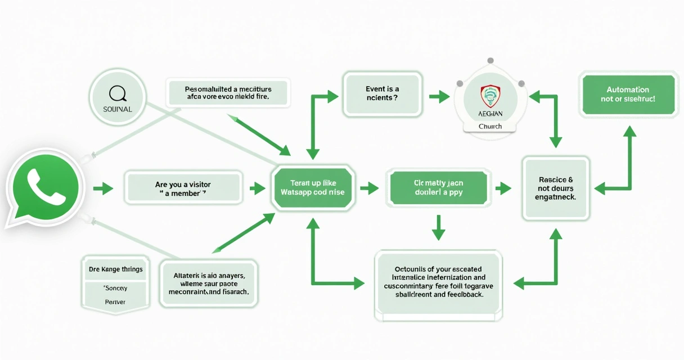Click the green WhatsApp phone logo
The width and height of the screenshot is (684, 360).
tap(45, 188)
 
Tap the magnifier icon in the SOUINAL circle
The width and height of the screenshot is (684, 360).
tap(117, 91)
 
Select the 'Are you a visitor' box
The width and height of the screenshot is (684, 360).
tap(183, 188)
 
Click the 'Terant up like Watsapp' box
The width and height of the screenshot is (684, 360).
tap(312, 188)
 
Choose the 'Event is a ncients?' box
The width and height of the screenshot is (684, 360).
tap(382, 93)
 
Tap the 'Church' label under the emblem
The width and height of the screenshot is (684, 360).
tap(489, 127)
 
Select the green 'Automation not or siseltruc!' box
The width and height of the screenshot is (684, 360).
tap(627, 94)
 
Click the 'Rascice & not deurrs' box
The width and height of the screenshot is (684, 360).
tap(556, 188)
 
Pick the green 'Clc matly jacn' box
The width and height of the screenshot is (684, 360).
tap(438, 188)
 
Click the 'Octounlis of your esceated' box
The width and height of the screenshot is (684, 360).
tap(438, 281)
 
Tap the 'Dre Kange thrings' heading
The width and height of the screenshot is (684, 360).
tap(116, 269)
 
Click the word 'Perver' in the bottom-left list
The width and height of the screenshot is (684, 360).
tap(116, 302)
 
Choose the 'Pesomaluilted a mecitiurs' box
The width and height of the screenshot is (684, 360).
tap(228, 93)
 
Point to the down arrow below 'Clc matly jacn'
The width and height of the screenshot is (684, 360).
tap(438, 227)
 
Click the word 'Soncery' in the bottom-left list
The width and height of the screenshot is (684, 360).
tap(116, 288)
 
